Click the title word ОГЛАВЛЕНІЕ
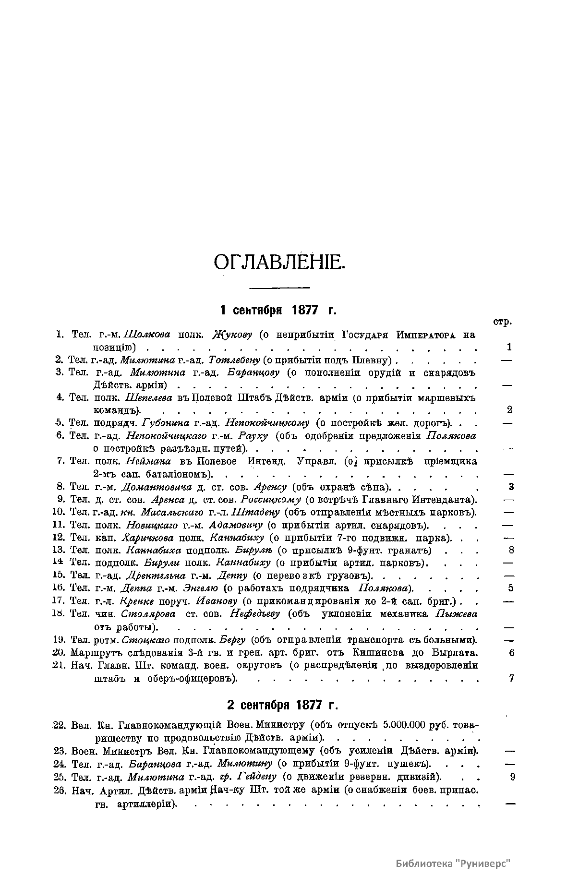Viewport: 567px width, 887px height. tap(279, 263)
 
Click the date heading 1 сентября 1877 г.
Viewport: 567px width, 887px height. tap(278, 310)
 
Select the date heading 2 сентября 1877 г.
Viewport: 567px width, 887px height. tap(282, 705)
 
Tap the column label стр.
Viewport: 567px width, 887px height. tap(502, 322)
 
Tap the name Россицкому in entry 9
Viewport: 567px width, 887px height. tap(271, 499)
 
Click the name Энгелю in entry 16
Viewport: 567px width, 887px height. tap(201, 588)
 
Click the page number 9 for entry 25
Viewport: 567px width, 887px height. tap(512, 777)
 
